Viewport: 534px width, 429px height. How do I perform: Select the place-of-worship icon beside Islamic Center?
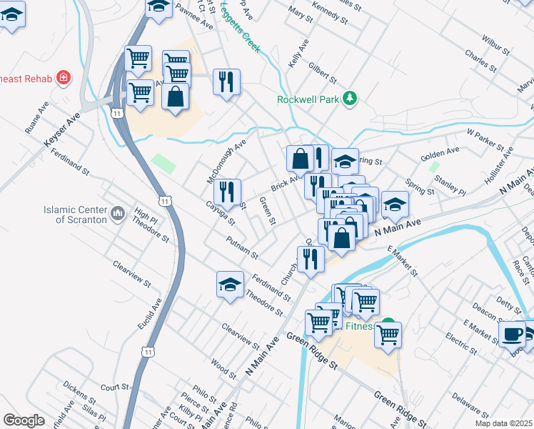click(x=119, y=213)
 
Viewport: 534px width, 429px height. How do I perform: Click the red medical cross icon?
click(x=64, y=77)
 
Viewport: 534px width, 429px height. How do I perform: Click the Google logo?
click(x=24, y=420)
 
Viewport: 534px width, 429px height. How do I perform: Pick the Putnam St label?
click(x=241, y=247)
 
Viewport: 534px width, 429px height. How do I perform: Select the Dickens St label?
click(x=79, y=393)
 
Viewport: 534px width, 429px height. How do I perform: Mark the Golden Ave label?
click(x=440, y=152)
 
